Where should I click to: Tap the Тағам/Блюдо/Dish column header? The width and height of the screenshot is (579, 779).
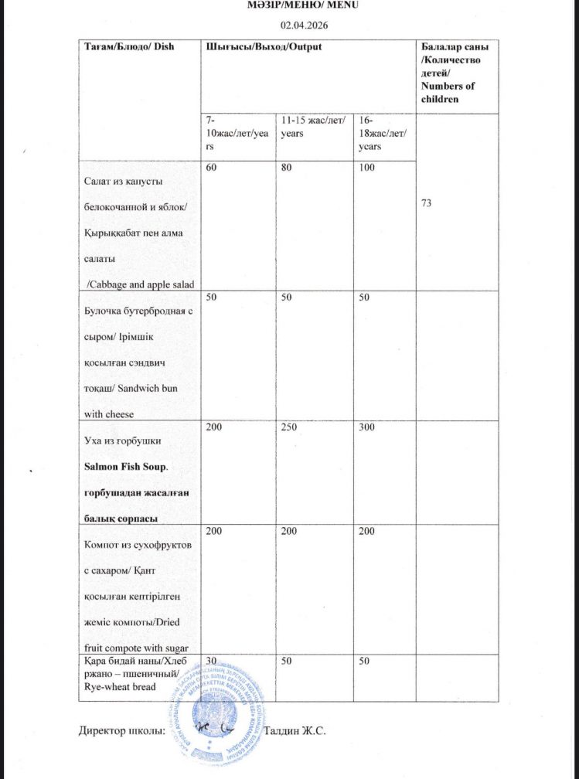click(x=130, y=46)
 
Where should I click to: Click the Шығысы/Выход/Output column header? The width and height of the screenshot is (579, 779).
click(x=264, y=46)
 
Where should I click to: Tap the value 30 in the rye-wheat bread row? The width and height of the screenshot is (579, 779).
click(x=211, y=661)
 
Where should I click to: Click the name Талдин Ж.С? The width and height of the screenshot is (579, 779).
click(x=295, y=730)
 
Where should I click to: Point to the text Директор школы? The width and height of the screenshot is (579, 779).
click(x=122, y=730)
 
